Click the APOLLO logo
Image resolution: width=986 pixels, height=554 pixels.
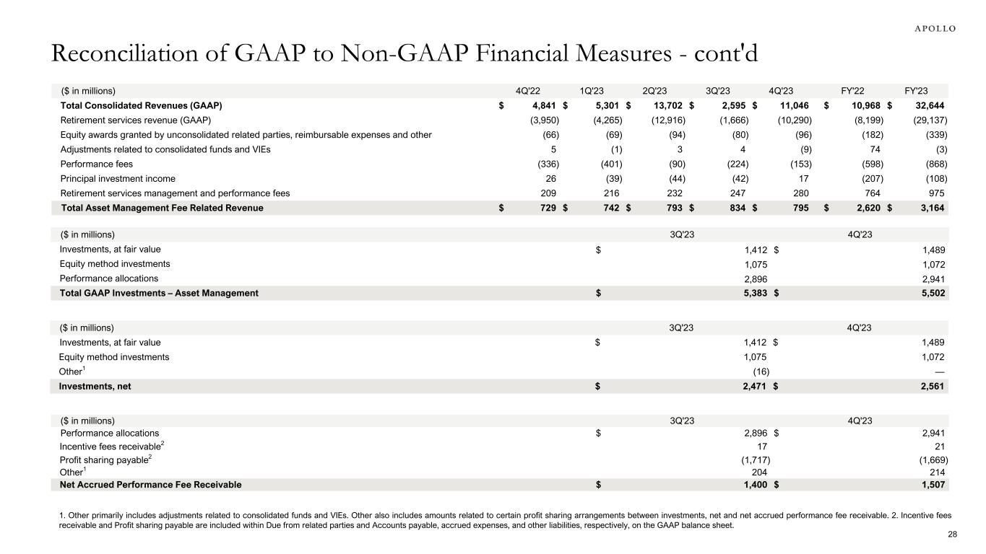[x=931, y=28]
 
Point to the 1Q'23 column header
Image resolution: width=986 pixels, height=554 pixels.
[x=592, y=91]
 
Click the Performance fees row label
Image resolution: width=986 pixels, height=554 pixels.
[x=96, y=164]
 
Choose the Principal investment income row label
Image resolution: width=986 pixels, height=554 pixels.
[x=118, y=178]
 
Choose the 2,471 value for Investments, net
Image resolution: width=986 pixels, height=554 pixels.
[x=751, y=386]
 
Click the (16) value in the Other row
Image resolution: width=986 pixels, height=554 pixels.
[x=761, y=371]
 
